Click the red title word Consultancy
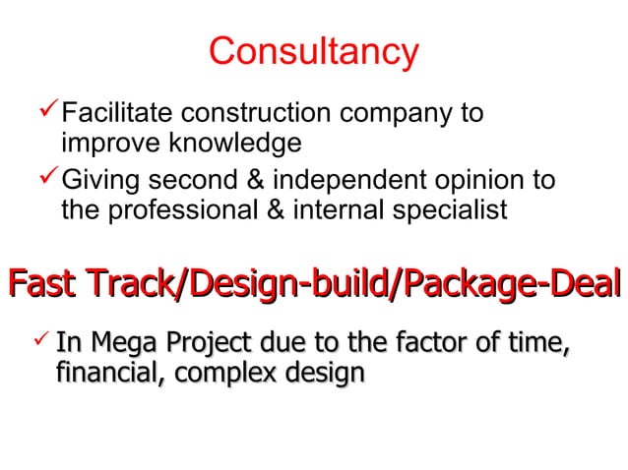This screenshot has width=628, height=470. [314, 51]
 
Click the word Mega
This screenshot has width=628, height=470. [115, 344]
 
